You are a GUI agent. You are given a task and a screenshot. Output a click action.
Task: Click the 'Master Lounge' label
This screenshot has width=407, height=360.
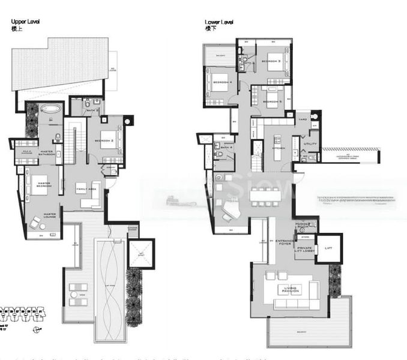50,215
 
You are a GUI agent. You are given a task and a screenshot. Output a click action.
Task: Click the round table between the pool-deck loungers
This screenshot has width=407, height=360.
78,295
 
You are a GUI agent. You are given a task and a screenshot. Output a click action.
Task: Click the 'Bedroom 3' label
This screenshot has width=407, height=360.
271,61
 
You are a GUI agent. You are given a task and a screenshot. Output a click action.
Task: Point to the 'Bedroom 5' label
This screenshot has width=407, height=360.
272,101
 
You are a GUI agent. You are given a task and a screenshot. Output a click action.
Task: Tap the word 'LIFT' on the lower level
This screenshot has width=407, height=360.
329,247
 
